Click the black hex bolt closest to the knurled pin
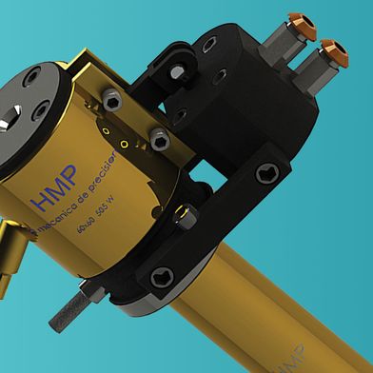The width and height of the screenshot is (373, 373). coord(159,280)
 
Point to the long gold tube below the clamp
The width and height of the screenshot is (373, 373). coord(276,304)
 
